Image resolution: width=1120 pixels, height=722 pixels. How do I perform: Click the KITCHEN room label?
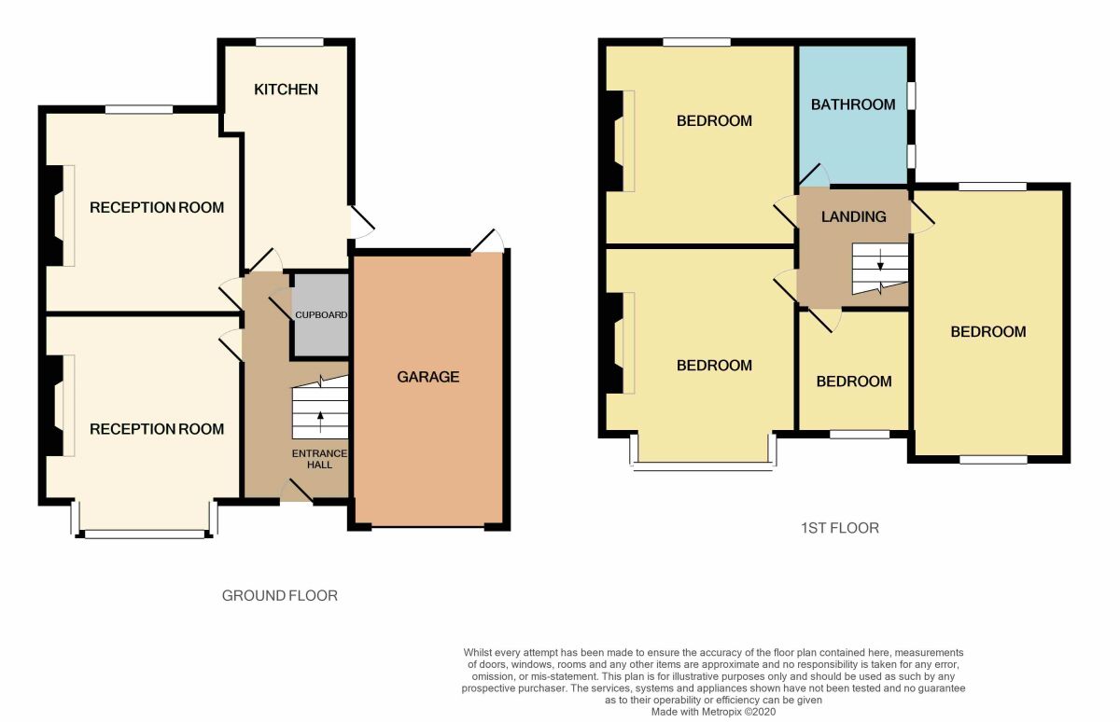coord(287,90)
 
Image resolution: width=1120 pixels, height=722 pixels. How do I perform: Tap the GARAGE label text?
coord(428,377)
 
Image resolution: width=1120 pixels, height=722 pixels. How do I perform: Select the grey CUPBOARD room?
coord(321,315)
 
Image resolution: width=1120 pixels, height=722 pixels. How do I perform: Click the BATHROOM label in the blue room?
coord(853,104)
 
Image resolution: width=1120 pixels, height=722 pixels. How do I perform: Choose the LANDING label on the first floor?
coord(853,216)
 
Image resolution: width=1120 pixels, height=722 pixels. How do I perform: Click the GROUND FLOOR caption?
coord(279,595)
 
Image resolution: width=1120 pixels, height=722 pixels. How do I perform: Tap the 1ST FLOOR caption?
coord(839,528)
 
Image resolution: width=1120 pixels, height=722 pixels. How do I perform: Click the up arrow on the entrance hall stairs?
coord(321,416)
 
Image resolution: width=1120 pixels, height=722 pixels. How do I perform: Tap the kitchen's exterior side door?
coord(361,221)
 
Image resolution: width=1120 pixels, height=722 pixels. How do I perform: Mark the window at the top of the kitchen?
coord(289,42)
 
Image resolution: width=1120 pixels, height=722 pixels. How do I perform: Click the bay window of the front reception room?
coord(145,535)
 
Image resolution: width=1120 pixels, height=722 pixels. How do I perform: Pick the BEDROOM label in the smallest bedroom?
coord(853,382)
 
